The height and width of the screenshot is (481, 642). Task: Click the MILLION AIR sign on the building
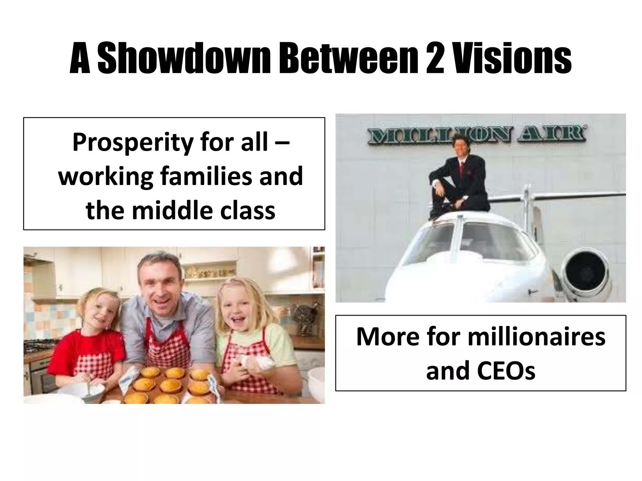(x=477, y=134)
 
